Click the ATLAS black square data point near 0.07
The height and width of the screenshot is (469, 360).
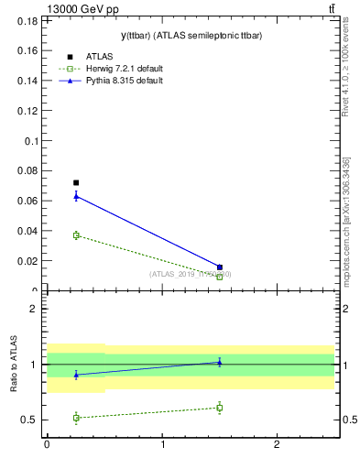76,182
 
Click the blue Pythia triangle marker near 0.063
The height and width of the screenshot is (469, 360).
76,195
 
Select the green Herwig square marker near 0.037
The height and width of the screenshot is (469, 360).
76,235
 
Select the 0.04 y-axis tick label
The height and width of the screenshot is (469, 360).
28,231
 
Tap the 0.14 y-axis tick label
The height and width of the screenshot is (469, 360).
28,81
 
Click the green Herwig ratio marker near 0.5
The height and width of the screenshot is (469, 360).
76,418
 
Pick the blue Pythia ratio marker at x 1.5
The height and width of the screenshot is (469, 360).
219,362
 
